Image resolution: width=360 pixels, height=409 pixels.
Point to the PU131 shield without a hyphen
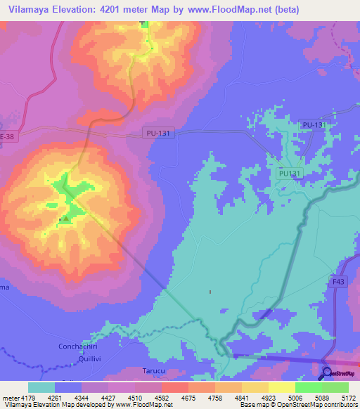click(289, 173)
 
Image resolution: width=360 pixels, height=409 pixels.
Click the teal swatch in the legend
click(41, 387)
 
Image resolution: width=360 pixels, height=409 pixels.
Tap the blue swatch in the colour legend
click(68, 387)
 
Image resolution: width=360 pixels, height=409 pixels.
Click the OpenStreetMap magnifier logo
click(326, 373)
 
